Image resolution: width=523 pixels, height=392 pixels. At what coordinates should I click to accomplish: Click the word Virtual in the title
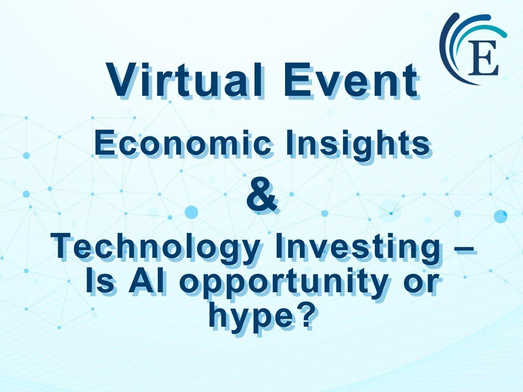(x=185, y=80)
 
